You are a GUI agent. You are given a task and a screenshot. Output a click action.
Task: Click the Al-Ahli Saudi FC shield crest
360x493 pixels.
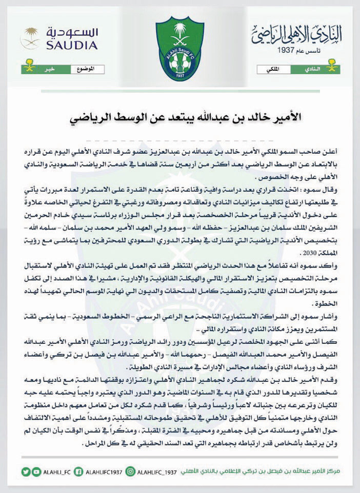(x=179, y=48)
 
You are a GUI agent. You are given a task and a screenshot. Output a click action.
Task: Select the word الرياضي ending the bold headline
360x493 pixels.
(x=91, y=116)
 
